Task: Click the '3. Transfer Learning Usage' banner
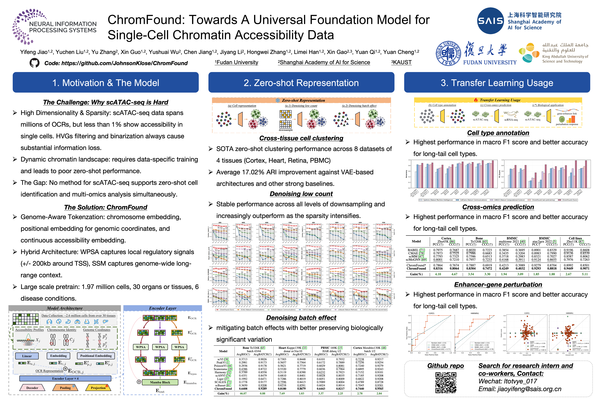pos(497,83)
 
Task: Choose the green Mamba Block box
pos(160,382)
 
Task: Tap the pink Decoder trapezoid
pos(32,388)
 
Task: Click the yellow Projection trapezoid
pos(98,388)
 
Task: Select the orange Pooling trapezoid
pos(65,388)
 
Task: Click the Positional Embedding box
pos(96,356)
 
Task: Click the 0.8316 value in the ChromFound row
pos(438,268)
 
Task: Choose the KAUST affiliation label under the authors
pos(401,62)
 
